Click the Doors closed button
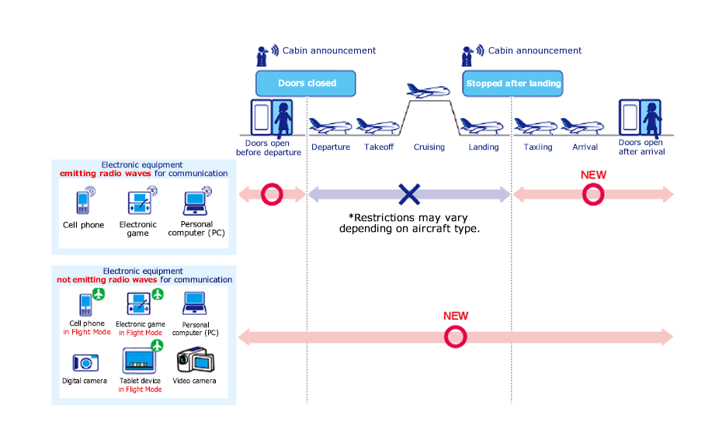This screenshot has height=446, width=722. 306,83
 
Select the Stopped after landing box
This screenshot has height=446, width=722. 512,83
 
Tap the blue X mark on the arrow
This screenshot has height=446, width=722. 409,194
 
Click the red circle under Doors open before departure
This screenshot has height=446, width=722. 272,194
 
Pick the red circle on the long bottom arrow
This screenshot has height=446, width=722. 455,337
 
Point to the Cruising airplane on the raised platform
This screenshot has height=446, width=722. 428,91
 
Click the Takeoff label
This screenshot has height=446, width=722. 379,147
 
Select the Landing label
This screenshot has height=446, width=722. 484,147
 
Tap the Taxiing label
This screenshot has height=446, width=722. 538,147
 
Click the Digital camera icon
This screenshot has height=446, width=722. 85,362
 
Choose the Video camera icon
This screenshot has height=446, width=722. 193,360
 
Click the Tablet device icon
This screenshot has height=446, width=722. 140,361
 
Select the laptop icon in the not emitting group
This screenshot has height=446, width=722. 194,303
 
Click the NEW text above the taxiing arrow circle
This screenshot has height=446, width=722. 593,175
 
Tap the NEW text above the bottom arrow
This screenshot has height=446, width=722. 456,316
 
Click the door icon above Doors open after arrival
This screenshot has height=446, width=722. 640,117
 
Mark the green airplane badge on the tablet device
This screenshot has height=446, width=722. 158,345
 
